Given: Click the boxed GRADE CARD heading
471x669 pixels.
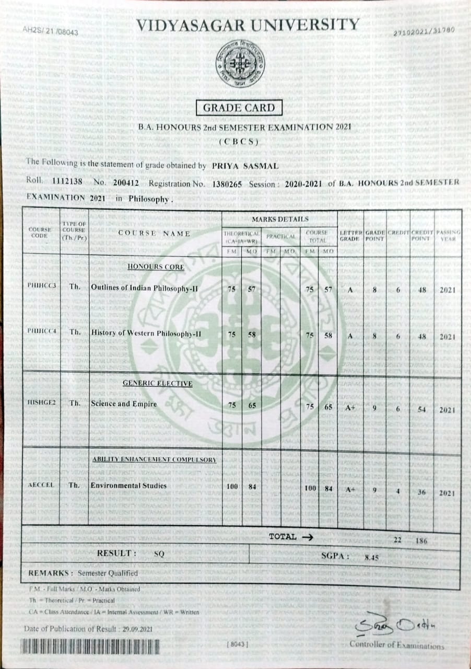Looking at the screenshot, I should (x=239, y=108).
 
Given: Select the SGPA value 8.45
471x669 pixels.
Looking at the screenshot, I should (x=372, y=558).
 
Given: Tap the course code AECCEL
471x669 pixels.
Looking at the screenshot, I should (x=41, y=486).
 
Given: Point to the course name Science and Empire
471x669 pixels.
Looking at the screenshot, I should (x=124, y=404).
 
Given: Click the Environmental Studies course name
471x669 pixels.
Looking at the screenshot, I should (x=128, y=486).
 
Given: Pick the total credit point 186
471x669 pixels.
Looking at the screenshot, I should (x=421, y=541).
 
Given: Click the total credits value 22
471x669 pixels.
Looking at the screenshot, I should (x=397, y=540).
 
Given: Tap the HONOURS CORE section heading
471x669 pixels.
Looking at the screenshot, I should (x=156, y=267).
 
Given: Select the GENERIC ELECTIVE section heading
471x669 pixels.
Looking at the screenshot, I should (x=157, y=384).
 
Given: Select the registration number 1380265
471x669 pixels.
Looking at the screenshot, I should (x=228, y=183).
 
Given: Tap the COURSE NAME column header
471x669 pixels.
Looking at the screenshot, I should (x=155, y=234).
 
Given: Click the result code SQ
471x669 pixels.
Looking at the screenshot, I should (x=159, y=554).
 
